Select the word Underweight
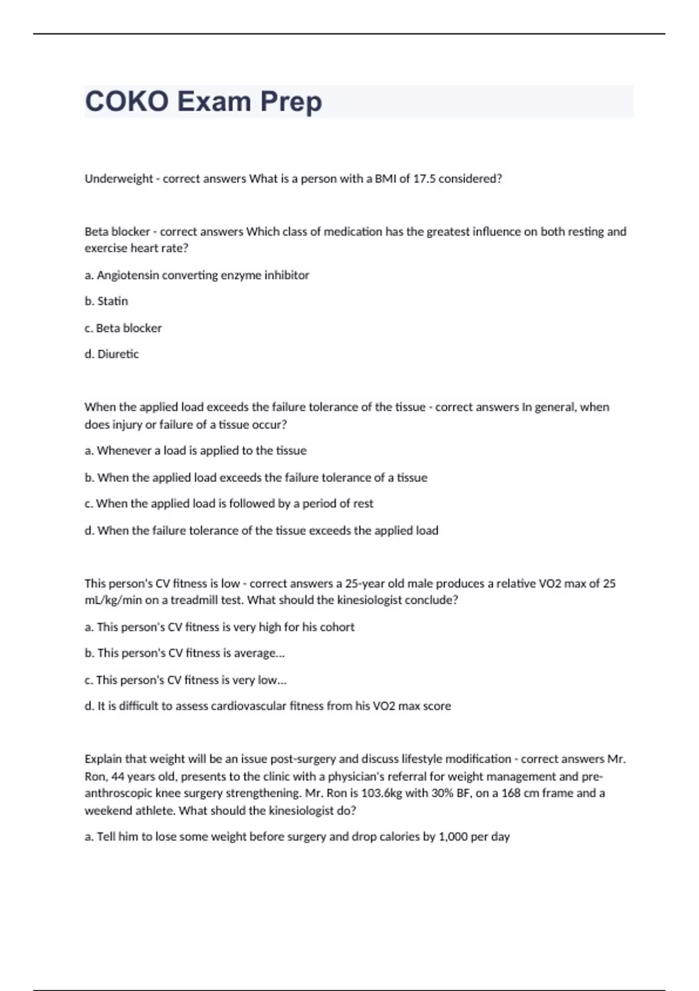pyautogui.click(x=119, y=179)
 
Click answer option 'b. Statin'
pyautogui.click(x=106, y=301)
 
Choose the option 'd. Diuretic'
pyautogui.click(x=112, y=354)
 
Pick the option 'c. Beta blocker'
pyautogui.click(x=123, y=328)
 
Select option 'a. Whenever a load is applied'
pyautogui.click(x=195, y=451)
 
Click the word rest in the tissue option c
pyautogui.click(x=363, y=504)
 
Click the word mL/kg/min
pyautogui.click(x=105, y=600)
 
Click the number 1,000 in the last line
pyautogui.click(x=453, y=837)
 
